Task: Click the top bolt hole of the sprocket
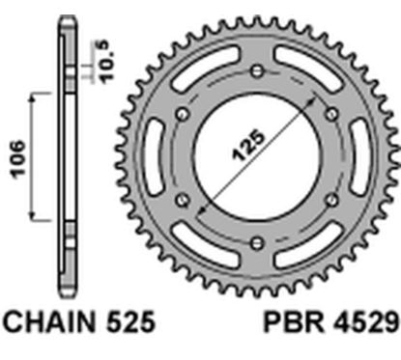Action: click(255, 73)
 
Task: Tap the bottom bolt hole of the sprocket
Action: click(255, 244)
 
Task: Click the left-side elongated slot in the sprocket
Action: click(158, 158)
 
